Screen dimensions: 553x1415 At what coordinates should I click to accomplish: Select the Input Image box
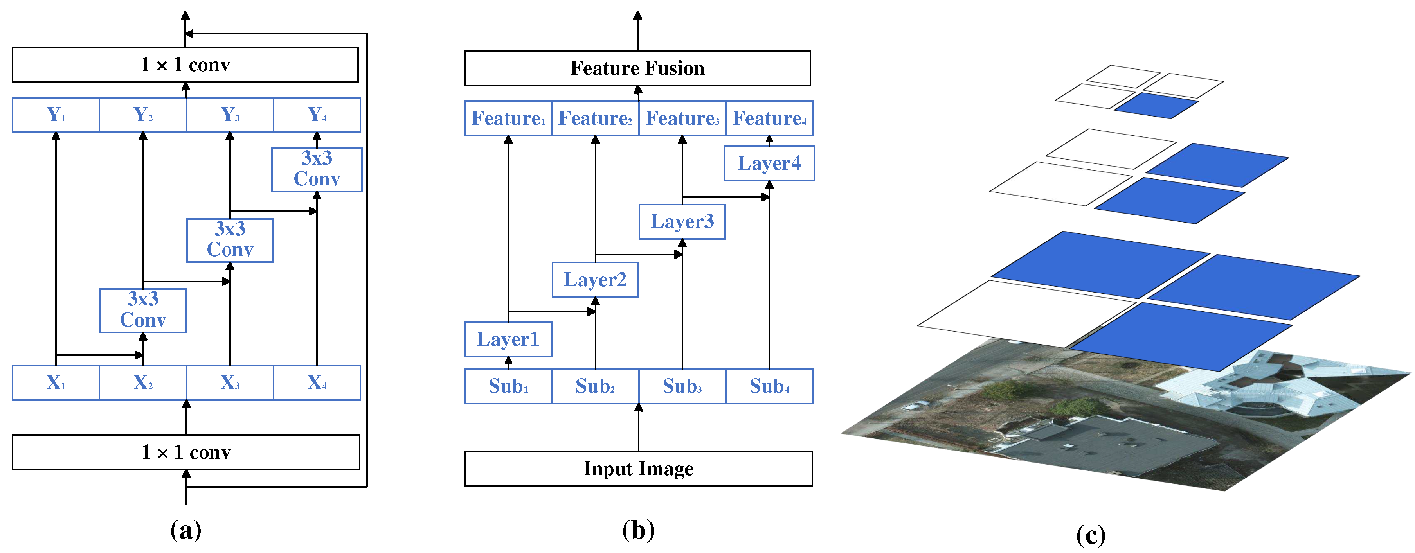click(x=638, y=469)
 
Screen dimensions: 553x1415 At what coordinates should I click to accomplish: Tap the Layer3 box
click(x=682, y=222)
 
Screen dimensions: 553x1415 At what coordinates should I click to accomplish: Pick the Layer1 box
click(x=508, y=339)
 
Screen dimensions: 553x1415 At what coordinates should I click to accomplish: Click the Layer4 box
click(x=769, y=163)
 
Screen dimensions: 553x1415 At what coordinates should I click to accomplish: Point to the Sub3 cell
click(x=682, y=386)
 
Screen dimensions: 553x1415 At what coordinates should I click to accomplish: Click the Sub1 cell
click(x=508, y=386)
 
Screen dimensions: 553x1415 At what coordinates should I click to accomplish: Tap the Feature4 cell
click(x=769, y=118)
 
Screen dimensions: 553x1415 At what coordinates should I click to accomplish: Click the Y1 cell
click(x=56, y=115)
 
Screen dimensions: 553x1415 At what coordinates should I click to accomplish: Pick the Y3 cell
click(x=230, y=115)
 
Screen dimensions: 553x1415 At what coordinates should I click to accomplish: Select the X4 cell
click(x=317, y=383)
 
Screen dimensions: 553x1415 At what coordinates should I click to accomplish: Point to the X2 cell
click(x=143, y=383)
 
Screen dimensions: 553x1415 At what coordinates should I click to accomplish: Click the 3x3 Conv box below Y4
click(x=317, y=169)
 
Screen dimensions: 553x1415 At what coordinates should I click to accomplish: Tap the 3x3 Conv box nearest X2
click(x=143, y=310)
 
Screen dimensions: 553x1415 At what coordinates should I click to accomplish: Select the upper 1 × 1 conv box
click(x=185, y=65)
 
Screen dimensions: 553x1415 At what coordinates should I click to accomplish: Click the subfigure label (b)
click(x=638, y=530)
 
